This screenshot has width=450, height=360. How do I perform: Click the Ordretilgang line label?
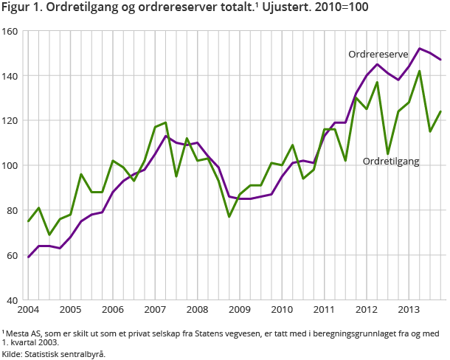click(x=390, y=161)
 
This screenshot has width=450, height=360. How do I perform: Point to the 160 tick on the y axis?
click(x=10, y=32)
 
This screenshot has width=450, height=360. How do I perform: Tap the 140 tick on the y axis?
click(x=10, y=76)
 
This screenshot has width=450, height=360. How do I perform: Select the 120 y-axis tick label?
click(x=10, y=121)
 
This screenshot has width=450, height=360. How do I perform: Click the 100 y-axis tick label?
click(x=10, y=166)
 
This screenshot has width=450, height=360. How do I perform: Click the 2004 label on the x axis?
click(x=28, y=308)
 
